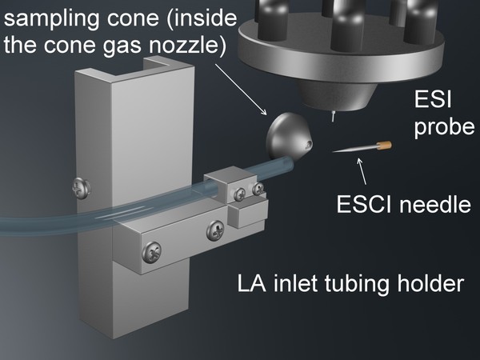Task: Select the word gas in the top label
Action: tap(147, 45)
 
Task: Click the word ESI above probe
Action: tap(430, 101)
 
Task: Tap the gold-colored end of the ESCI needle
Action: tap(384, 145)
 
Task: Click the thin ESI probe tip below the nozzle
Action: tap(334, 117)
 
